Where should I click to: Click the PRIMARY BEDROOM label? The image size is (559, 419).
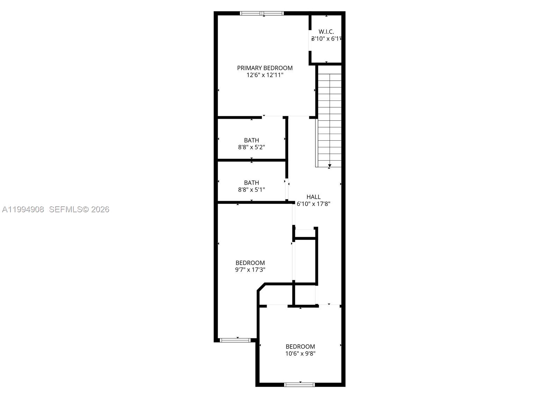[265, 68]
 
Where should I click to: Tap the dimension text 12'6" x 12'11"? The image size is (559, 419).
[265, 75]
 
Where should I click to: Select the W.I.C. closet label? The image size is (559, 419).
[326, 32]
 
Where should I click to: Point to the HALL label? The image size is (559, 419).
[313, 197]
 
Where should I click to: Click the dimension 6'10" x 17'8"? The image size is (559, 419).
[313, 204]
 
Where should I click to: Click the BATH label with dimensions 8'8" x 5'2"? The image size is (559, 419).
[252, 140]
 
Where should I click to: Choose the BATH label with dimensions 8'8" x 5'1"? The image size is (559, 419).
[252, 183]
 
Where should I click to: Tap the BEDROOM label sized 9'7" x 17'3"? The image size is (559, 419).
[250, 263]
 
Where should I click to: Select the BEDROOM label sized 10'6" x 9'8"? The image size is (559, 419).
[300, 347]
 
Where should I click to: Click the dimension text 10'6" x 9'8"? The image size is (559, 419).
[300, 354]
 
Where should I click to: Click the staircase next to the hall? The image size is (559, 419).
[329, 115]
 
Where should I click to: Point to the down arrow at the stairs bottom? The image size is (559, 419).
[329, 165]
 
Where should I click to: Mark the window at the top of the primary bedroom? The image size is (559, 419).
[262, 14]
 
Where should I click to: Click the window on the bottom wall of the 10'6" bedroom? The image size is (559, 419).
[299, 385]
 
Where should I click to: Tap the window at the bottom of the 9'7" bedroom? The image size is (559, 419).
[235, 340]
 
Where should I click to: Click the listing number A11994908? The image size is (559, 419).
[23, 209]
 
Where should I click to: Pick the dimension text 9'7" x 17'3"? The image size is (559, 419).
[250, 270]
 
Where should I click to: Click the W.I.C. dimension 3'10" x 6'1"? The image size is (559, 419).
[326, 39]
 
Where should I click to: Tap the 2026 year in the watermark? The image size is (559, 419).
[100, 209]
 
